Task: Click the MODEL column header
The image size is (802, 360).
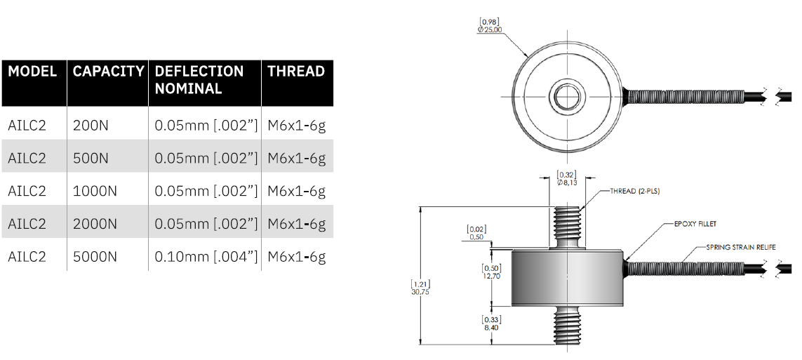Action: (33, 72)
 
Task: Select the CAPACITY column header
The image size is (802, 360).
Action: (109, 72)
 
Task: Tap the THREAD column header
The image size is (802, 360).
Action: (296, 72)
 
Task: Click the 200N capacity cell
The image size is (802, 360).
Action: (91, 126)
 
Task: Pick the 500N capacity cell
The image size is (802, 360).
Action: (91, 159)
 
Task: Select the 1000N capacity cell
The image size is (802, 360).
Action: (95, 191)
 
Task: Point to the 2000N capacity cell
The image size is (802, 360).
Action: (95, 224)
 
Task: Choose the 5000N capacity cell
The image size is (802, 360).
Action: (95, 256)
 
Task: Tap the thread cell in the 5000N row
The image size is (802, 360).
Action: (297, 256)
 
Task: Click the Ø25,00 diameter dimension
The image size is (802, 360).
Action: (490, 29)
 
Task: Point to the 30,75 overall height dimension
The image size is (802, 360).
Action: (420, 291)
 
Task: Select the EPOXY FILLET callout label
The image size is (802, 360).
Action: (694, 224)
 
